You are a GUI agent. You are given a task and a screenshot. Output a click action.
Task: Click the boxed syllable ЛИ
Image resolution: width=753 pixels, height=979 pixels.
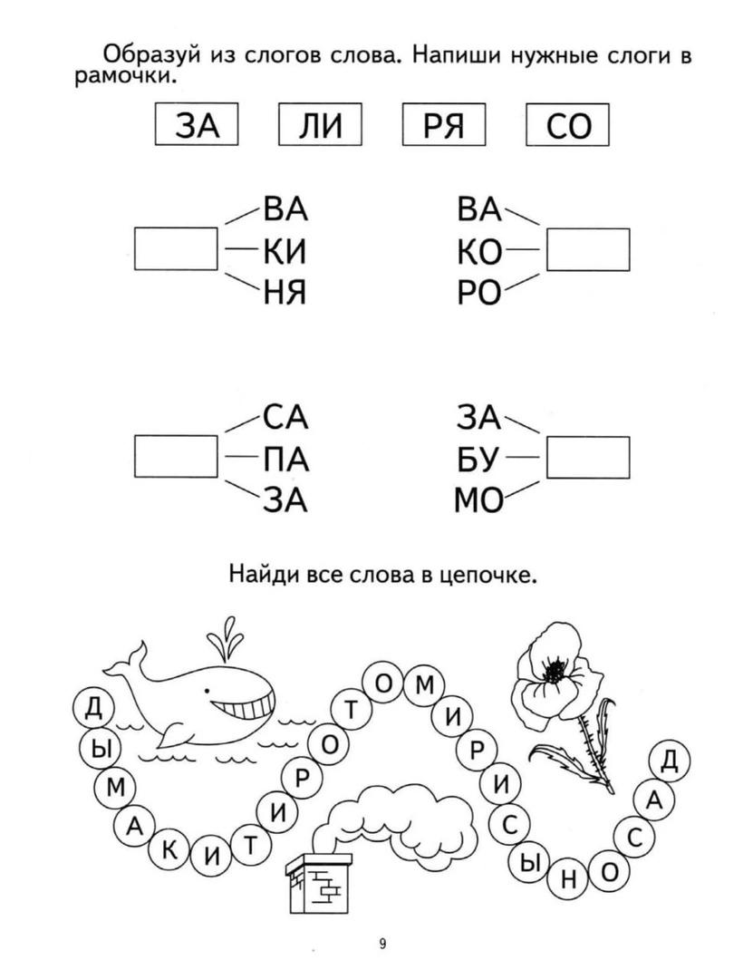coord(320,124)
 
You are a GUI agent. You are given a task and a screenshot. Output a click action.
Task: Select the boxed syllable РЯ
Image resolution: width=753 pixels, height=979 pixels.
coord(443,124)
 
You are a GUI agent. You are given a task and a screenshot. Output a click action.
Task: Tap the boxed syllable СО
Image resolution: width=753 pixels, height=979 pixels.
coord(567,124)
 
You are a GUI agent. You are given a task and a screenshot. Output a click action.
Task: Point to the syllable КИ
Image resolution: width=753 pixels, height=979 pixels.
coord(285,252)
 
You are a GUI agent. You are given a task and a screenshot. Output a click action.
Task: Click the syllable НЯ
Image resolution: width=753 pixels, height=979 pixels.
coord(285,292)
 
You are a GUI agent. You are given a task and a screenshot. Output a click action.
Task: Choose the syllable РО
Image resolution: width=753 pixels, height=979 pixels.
coord(479,292)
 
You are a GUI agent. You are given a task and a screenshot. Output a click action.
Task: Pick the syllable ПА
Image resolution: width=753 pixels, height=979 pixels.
coord(286,460)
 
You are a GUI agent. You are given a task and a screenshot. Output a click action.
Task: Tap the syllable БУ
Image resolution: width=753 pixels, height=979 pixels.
coord(478,460)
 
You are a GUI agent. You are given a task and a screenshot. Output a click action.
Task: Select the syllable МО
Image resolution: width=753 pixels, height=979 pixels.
coord(479,500)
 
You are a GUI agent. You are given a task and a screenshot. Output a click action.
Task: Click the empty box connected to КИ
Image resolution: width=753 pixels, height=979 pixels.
coord(176,248)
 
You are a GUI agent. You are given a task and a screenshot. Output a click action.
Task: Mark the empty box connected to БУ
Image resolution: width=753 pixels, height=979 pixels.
coord(588,458)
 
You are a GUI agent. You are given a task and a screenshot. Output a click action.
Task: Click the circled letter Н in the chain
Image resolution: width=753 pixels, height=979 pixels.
coord(568,879)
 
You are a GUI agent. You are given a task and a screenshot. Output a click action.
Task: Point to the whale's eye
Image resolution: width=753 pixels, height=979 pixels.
coord(207,691)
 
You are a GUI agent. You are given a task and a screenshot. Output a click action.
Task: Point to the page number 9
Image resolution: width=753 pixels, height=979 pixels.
coord(382,944)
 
